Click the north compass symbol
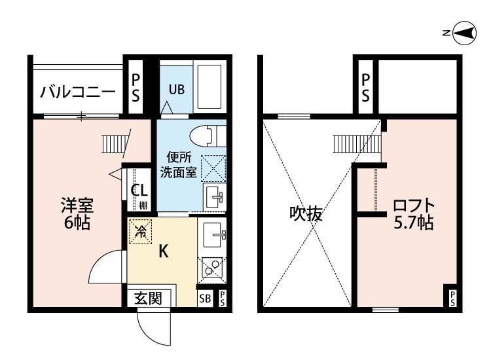pyautogui.click(x=465, y=33)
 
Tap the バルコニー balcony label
pyautogui.click(x=78, y=92)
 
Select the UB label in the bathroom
pyautogui.click(x=177, y=90)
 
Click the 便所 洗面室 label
pyautogui.click(x=179, y=165)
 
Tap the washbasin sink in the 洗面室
pyautogui.click(x=215, y=196)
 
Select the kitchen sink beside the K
pyautogui.click(x=215, y=235)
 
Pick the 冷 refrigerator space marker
pyautogui.click(x=141, y=232)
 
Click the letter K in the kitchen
pyautogui.click(x=164, y=251)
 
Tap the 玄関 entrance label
pyautogui.click(x=148, y=298)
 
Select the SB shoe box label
pyautogui.click(x=205, y=298)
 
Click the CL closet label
pyautogui.click(x=139, y=190)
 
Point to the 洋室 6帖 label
pyautogui.click(x=77, y=214)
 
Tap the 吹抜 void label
pyautogui.click(x=306, y=214)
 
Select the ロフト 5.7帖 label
pyautogui.click(x=414, y=214)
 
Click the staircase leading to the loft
pyautogui.click(x=357, y=144)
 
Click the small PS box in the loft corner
pyautogui.click(x=453, y=298)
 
